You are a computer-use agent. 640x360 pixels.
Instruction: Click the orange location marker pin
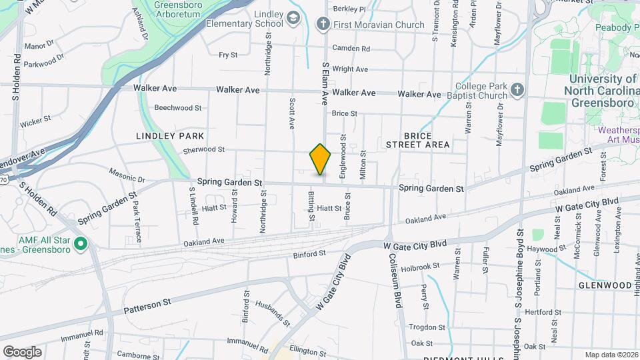320,159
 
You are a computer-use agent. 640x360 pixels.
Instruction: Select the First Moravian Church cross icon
323,25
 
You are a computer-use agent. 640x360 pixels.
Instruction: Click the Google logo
22,352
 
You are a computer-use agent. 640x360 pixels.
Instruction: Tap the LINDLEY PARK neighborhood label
170,135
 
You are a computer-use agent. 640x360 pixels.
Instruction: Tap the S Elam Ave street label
325,83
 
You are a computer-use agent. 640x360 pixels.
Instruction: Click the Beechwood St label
177,107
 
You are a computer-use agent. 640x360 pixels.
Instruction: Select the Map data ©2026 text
611,355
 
